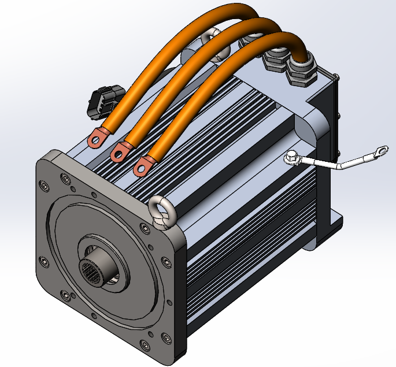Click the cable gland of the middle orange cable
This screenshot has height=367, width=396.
[x=274, y=60]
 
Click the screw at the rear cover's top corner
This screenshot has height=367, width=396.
[x=335, y=77]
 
